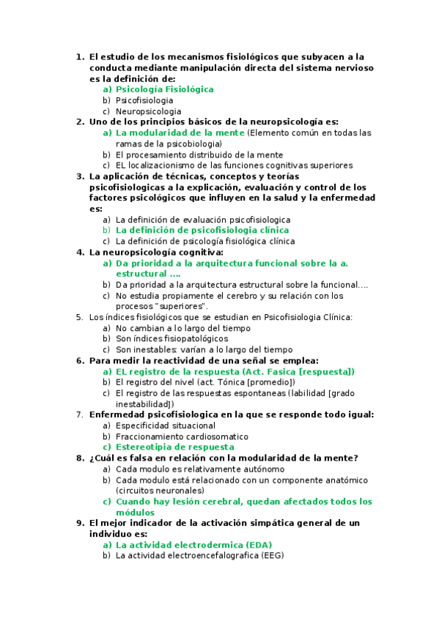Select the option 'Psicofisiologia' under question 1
point(144,100)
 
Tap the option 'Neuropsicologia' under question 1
point(148,111)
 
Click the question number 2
point(79,122)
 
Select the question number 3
point(79,176)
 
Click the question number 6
point(79,360)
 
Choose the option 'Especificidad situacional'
point(166,425)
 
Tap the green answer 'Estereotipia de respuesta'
point(175,447)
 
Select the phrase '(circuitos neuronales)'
point(161,491)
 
